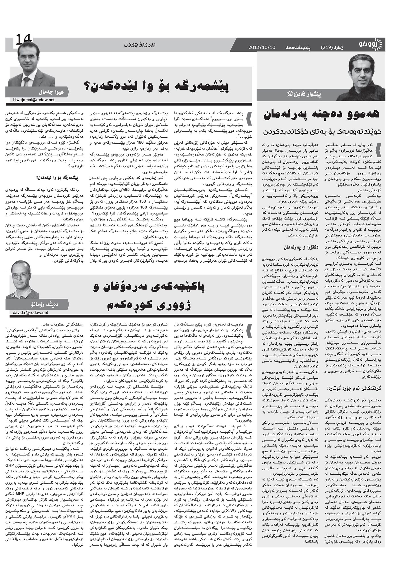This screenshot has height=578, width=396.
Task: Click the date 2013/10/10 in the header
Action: pos(262,47)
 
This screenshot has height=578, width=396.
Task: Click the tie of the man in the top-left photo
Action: pos(26,81)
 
